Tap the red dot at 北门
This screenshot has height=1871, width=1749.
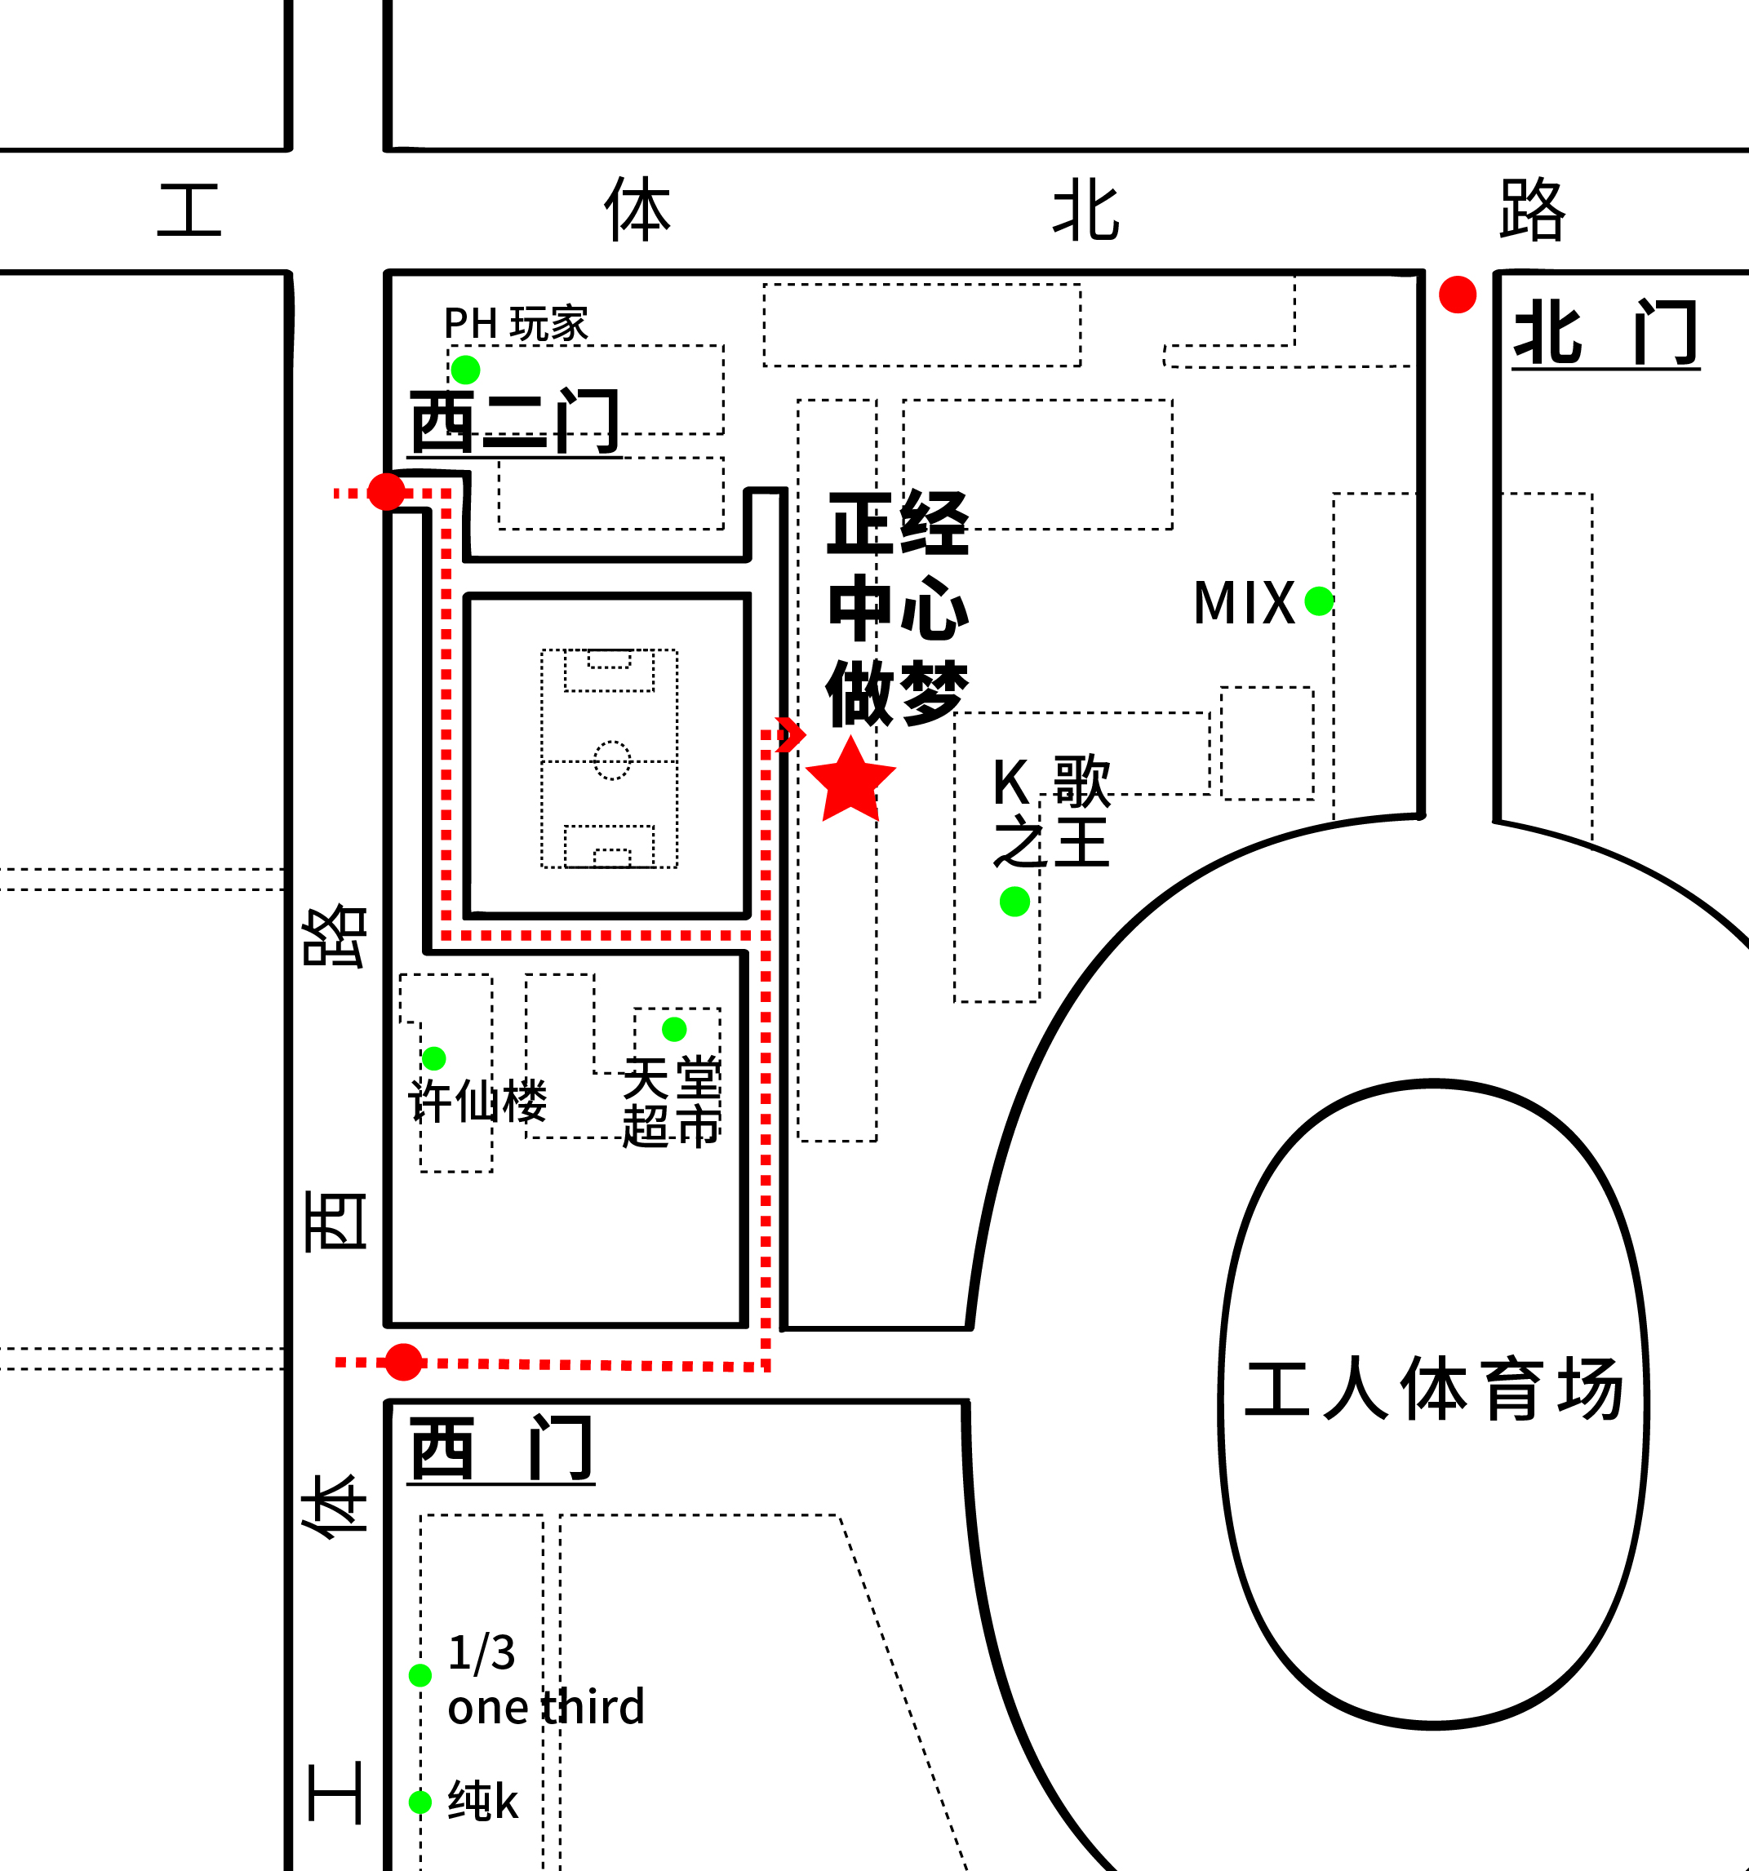point(1457,295)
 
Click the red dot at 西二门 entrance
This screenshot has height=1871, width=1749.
point(386,491)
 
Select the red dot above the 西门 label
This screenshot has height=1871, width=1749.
point(404,1362)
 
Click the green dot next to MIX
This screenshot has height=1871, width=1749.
point(1319,601)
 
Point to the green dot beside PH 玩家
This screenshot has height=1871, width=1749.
point(465,369)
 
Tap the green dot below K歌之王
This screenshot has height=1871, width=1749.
point(1014,902)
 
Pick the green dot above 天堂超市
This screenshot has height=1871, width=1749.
point(674,1029)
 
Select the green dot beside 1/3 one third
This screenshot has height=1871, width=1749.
point(419,1674)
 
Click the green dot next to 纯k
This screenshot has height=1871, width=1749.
point(419,1802)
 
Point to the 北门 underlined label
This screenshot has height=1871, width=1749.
point(1605,333)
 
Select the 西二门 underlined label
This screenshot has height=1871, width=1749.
point(514,422)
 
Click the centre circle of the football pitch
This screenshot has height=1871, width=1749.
point(612,760)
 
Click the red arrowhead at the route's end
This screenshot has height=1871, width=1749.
point(792,734)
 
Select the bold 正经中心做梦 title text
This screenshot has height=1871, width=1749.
point(897,607)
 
